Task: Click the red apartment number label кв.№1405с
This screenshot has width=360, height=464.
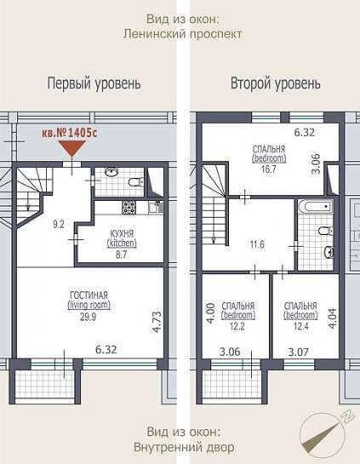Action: (x=69, y=133)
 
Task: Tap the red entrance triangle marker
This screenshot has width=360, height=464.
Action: (x=71, y=148)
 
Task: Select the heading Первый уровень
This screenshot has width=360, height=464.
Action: (x=94, y=83)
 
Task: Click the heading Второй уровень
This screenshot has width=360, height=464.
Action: (x=276, y=83)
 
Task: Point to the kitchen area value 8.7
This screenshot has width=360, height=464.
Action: (x=122, y=255)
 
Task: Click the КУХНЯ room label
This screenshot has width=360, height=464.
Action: (x=122, y=233)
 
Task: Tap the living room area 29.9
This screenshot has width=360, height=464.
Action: (x=89, y=317)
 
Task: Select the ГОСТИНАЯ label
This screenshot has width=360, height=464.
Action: (x=89, y=295)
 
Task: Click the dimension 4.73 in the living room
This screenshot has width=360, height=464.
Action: (x=157, y=322)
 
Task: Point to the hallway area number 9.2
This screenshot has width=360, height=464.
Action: (x=59, y=224)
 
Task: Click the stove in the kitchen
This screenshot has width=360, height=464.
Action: (x=129, y=207)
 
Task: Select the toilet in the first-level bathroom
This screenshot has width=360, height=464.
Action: (x=136, y=182)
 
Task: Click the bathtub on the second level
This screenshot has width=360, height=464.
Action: (x=316, y=206)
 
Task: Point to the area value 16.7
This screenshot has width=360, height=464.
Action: (x=269, y=169)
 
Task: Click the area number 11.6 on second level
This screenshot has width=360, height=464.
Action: (x=257, y=244)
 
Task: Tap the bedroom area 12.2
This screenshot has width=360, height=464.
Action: (x=237, y=326)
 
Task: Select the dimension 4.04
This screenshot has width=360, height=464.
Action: (x=333, y=318)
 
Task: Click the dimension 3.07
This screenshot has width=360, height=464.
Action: (x=299, y=352)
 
